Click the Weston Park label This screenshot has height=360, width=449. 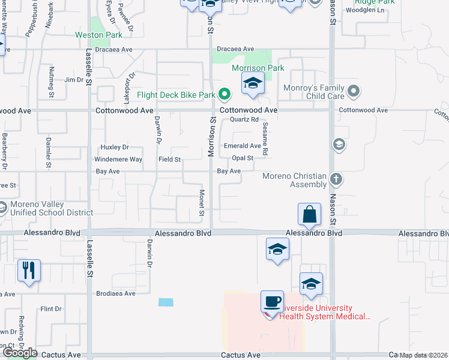click(98, 35)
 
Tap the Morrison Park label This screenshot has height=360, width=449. click(258, 68)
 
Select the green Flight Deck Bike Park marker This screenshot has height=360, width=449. click(224, 94)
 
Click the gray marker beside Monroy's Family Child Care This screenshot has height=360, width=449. click(354, 92)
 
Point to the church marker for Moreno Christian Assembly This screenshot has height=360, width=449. click(337, 179)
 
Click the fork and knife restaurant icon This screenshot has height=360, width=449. click(28, 270)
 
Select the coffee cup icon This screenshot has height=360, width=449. click(273, 301)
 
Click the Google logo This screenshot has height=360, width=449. click(19, 353)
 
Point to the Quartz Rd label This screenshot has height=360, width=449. click(244, 119)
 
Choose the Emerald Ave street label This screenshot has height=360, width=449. click(243, 146)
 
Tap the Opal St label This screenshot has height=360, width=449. click(243, 158)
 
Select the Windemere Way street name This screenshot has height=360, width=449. click(118, 160)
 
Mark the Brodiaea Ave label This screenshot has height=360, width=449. click(116, 294)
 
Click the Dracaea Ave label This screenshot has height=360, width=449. click(236, 49)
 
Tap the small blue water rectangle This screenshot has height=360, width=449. click(166, 302)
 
